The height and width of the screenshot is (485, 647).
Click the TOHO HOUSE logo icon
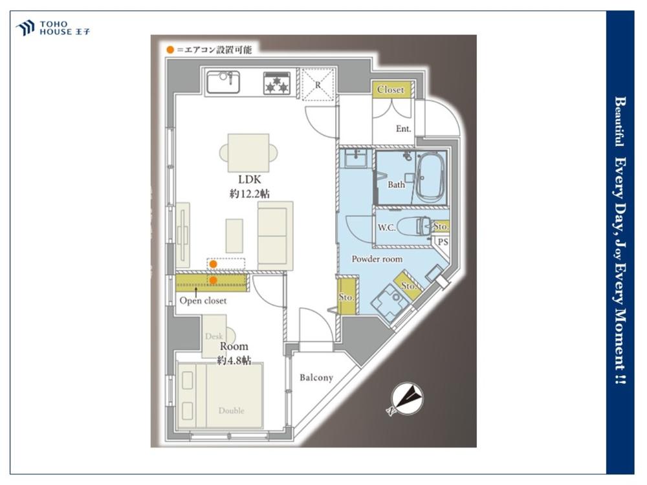click(x=25, y=28)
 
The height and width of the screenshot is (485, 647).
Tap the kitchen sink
click(x=223, y=82)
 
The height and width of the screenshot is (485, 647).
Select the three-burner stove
click(x=277, y=83)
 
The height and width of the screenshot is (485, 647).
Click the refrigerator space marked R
click(x=318, y=85)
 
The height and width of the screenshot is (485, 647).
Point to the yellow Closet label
click(x=390, y=89)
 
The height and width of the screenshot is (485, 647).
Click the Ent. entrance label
click(x=403, y=129)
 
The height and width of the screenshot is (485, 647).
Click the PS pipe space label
click(x=443, y=242)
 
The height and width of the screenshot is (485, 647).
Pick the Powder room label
click(x=377, y=259)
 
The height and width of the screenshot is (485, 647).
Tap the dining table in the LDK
click(x=248, y=153)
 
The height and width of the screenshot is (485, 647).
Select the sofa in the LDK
click(x=275, y=236)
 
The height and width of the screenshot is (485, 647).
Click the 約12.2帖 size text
click(x=249, y=193)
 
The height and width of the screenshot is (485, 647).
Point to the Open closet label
click(x=203, y=301)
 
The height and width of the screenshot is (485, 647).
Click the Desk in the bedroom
click(x=215, y=336)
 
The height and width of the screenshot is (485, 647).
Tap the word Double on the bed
click(x=232, y=411)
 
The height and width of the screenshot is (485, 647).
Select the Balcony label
click(x=316, y=378)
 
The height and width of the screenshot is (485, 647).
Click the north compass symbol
click(x=407, y=398)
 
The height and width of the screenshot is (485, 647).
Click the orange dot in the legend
click(x=170, y=50)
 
